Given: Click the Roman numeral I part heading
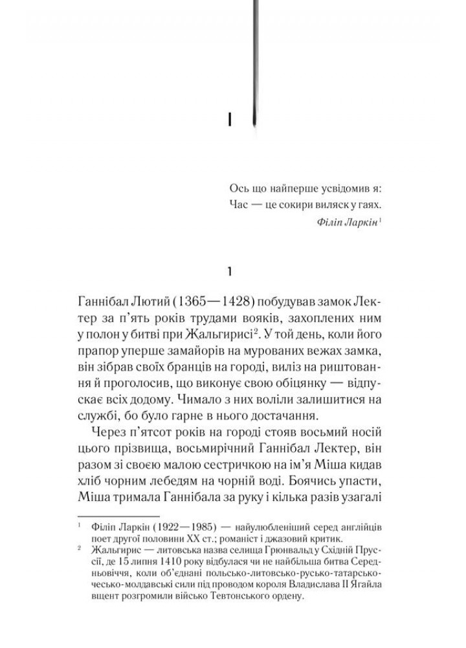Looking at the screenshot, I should [230, 120].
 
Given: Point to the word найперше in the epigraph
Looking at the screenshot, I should [285, 188].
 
